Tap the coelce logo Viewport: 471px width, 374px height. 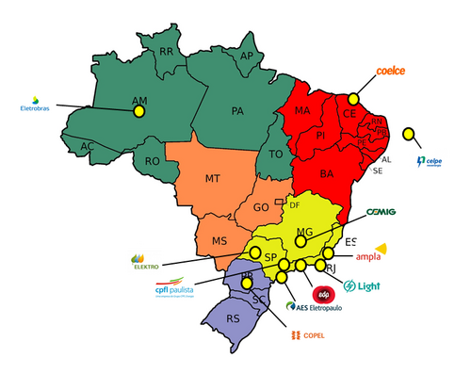pyautogui.click(x=391, y=71)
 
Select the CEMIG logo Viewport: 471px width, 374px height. pyautogui.click(x=381, y=211)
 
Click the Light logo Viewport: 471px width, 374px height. pyautogui.click(x=363, y=285)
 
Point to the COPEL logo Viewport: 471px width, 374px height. pyautogui.click(x=308, y=335)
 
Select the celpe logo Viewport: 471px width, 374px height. pyautogui.click(x=430, y=163)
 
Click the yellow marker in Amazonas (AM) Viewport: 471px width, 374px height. pyautogui.click(x=139, y=111)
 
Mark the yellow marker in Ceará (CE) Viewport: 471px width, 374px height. pyautogui.click(x=354, y=98)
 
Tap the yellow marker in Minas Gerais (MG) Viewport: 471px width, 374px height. pyautogui.click(x=300, y=240)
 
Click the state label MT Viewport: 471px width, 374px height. pyautogui.click(x=214, y=178)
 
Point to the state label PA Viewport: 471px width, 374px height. pyautogui.click(x=237, y=111)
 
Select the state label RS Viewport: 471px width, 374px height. pyautogui.click(x=233, y=318)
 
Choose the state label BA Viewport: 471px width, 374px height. pyautogui.click(x=327, y=174)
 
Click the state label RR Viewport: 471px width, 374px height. pyautogui.click(x=166, y=51)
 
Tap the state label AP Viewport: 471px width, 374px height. pyautogui.click(x=247, y=57)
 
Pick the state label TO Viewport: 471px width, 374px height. pyautogui.click(x=276, y=154)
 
